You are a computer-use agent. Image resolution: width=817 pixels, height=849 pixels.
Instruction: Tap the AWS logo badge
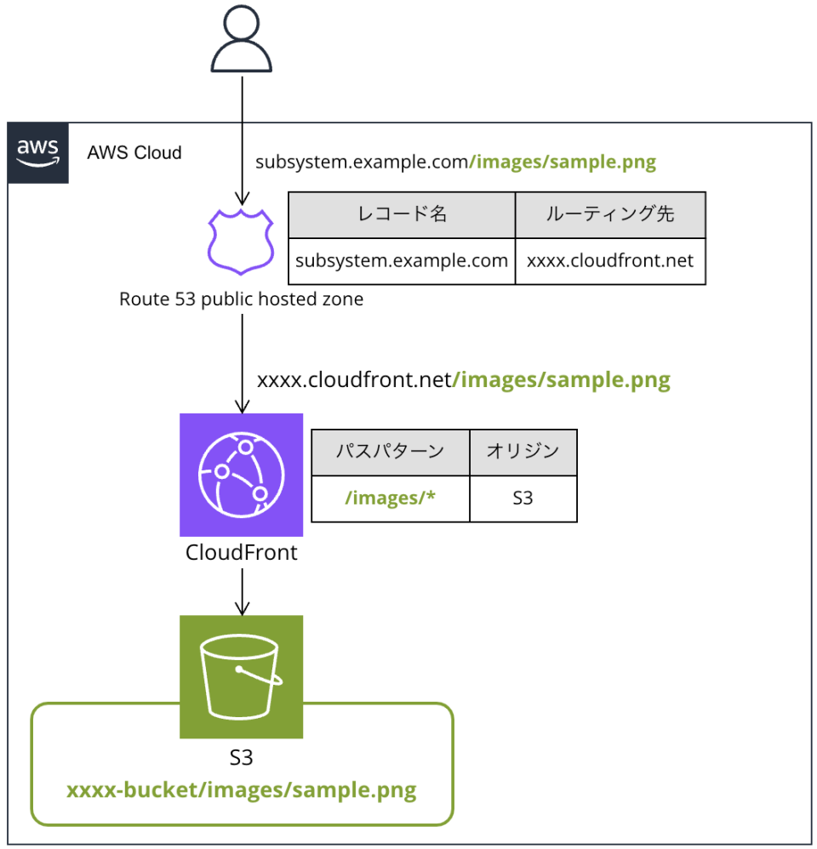click(x=38, y=153)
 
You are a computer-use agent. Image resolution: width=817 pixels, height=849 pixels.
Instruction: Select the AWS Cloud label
click(x=134, y=153)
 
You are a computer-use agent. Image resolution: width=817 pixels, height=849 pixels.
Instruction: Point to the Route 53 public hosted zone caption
click(x=241, y=299)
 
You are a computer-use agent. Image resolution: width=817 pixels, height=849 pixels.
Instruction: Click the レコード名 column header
click(x=402, y=214)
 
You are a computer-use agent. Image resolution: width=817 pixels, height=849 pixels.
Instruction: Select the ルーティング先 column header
click(x=610, y=214)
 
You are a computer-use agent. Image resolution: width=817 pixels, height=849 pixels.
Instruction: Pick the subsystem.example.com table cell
click(x=402, y=260)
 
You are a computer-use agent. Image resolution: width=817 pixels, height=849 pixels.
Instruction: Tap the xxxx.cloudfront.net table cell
click(x=610, y=260)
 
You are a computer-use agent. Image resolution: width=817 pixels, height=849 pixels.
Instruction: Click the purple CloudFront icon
click(x=242, y=475)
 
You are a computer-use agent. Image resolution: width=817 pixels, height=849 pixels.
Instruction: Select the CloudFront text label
click(x=242, y=553)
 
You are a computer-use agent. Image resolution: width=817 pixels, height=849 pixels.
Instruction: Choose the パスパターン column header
click(x=390, y=452)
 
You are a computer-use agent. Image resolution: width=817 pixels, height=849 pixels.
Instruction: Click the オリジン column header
click(x=523, y=452)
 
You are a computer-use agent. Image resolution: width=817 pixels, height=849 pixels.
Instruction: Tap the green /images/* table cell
click(x=390, y=498)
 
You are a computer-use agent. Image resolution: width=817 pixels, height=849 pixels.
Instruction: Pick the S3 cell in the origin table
click(x=523, y=498)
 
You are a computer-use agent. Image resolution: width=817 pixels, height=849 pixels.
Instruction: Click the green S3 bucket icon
click(x=242, y=676)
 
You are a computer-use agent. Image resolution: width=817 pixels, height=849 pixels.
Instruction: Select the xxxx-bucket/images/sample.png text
click(x=242, y=790)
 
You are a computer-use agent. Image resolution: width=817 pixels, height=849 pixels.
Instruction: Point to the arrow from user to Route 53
click(x=242, y=136)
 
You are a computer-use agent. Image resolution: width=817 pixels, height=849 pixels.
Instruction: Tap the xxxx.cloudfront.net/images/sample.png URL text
click(x=463, y=379)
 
